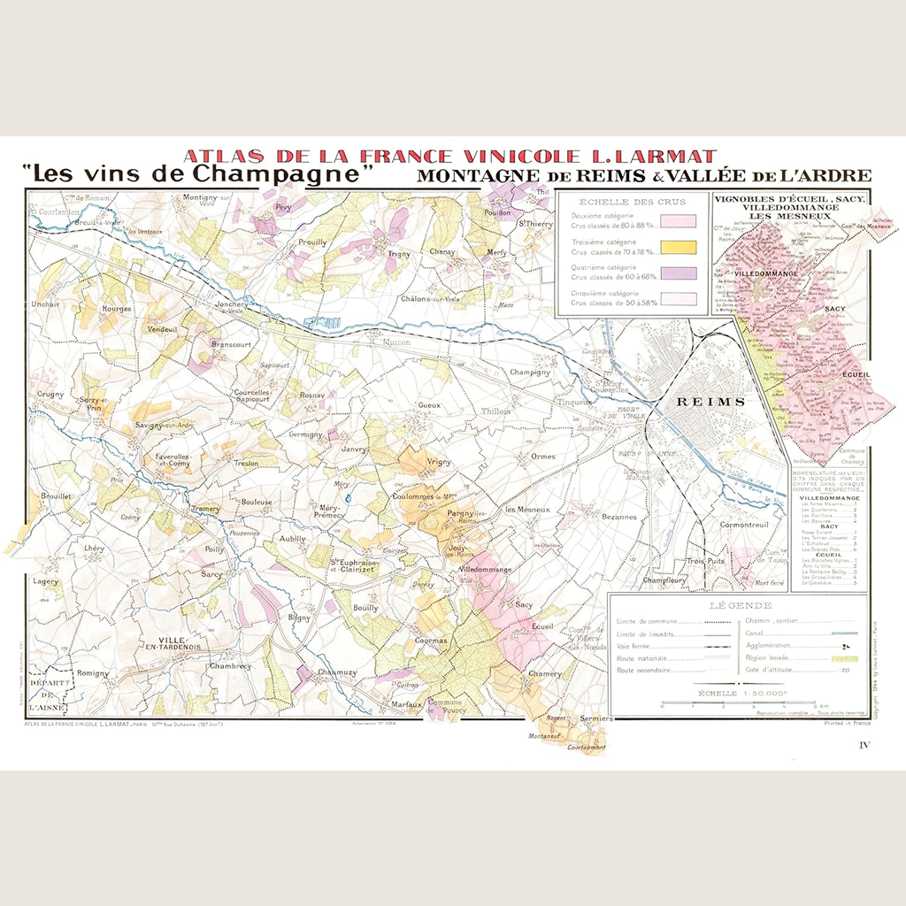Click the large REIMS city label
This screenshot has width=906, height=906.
pyautogui.click(x=710, y=401)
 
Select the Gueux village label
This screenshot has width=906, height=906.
pyautogui.click(x=428, y=404)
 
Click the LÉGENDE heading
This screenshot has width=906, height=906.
pyautogui.click(x=740, y=605)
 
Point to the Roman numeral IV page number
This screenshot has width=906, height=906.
pyautogui.click(x=864, y=746)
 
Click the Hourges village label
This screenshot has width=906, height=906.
pyautogui.click(x=117, y=309)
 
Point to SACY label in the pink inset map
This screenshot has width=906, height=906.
pyautogui.click(x=834, y=309)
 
